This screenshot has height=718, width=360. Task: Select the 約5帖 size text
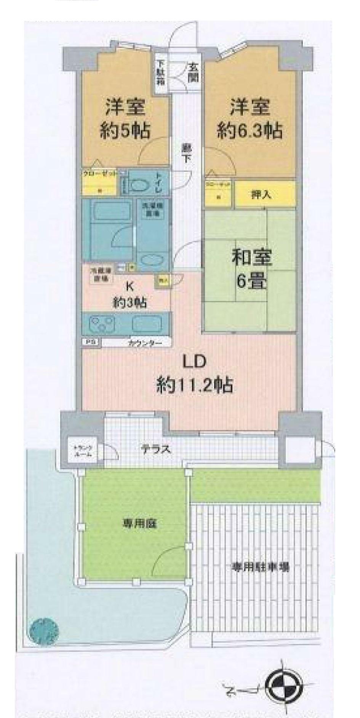click(x=125, y=131)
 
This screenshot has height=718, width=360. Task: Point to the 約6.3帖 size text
click(x=250, y=131)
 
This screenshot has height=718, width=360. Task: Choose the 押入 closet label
click(x=262, y=195)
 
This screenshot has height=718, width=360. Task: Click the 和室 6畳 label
click(x=251, y=269)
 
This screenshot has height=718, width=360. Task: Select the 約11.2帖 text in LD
click(x=194, y=385)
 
